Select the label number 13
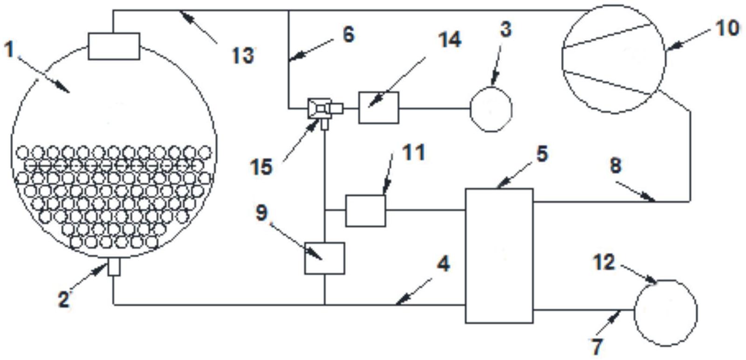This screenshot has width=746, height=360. (243, 55)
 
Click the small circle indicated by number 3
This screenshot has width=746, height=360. (491, 109)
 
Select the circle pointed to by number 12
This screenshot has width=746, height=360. (665, 313)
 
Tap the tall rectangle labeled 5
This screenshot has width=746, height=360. (499, 256)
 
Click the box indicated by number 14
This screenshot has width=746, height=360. (378, 108)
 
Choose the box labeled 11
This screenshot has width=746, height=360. (366, 211)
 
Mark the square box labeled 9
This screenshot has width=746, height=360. (324, 258)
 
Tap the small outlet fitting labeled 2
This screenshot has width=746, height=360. (114, 267)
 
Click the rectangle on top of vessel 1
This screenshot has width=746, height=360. (114, 46)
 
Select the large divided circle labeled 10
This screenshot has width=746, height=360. (614, 59)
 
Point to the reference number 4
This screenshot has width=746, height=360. (443, 264)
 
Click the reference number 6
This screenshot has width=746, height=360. (349, 34)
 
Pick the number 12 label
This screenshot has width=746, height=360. (604, 262)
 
